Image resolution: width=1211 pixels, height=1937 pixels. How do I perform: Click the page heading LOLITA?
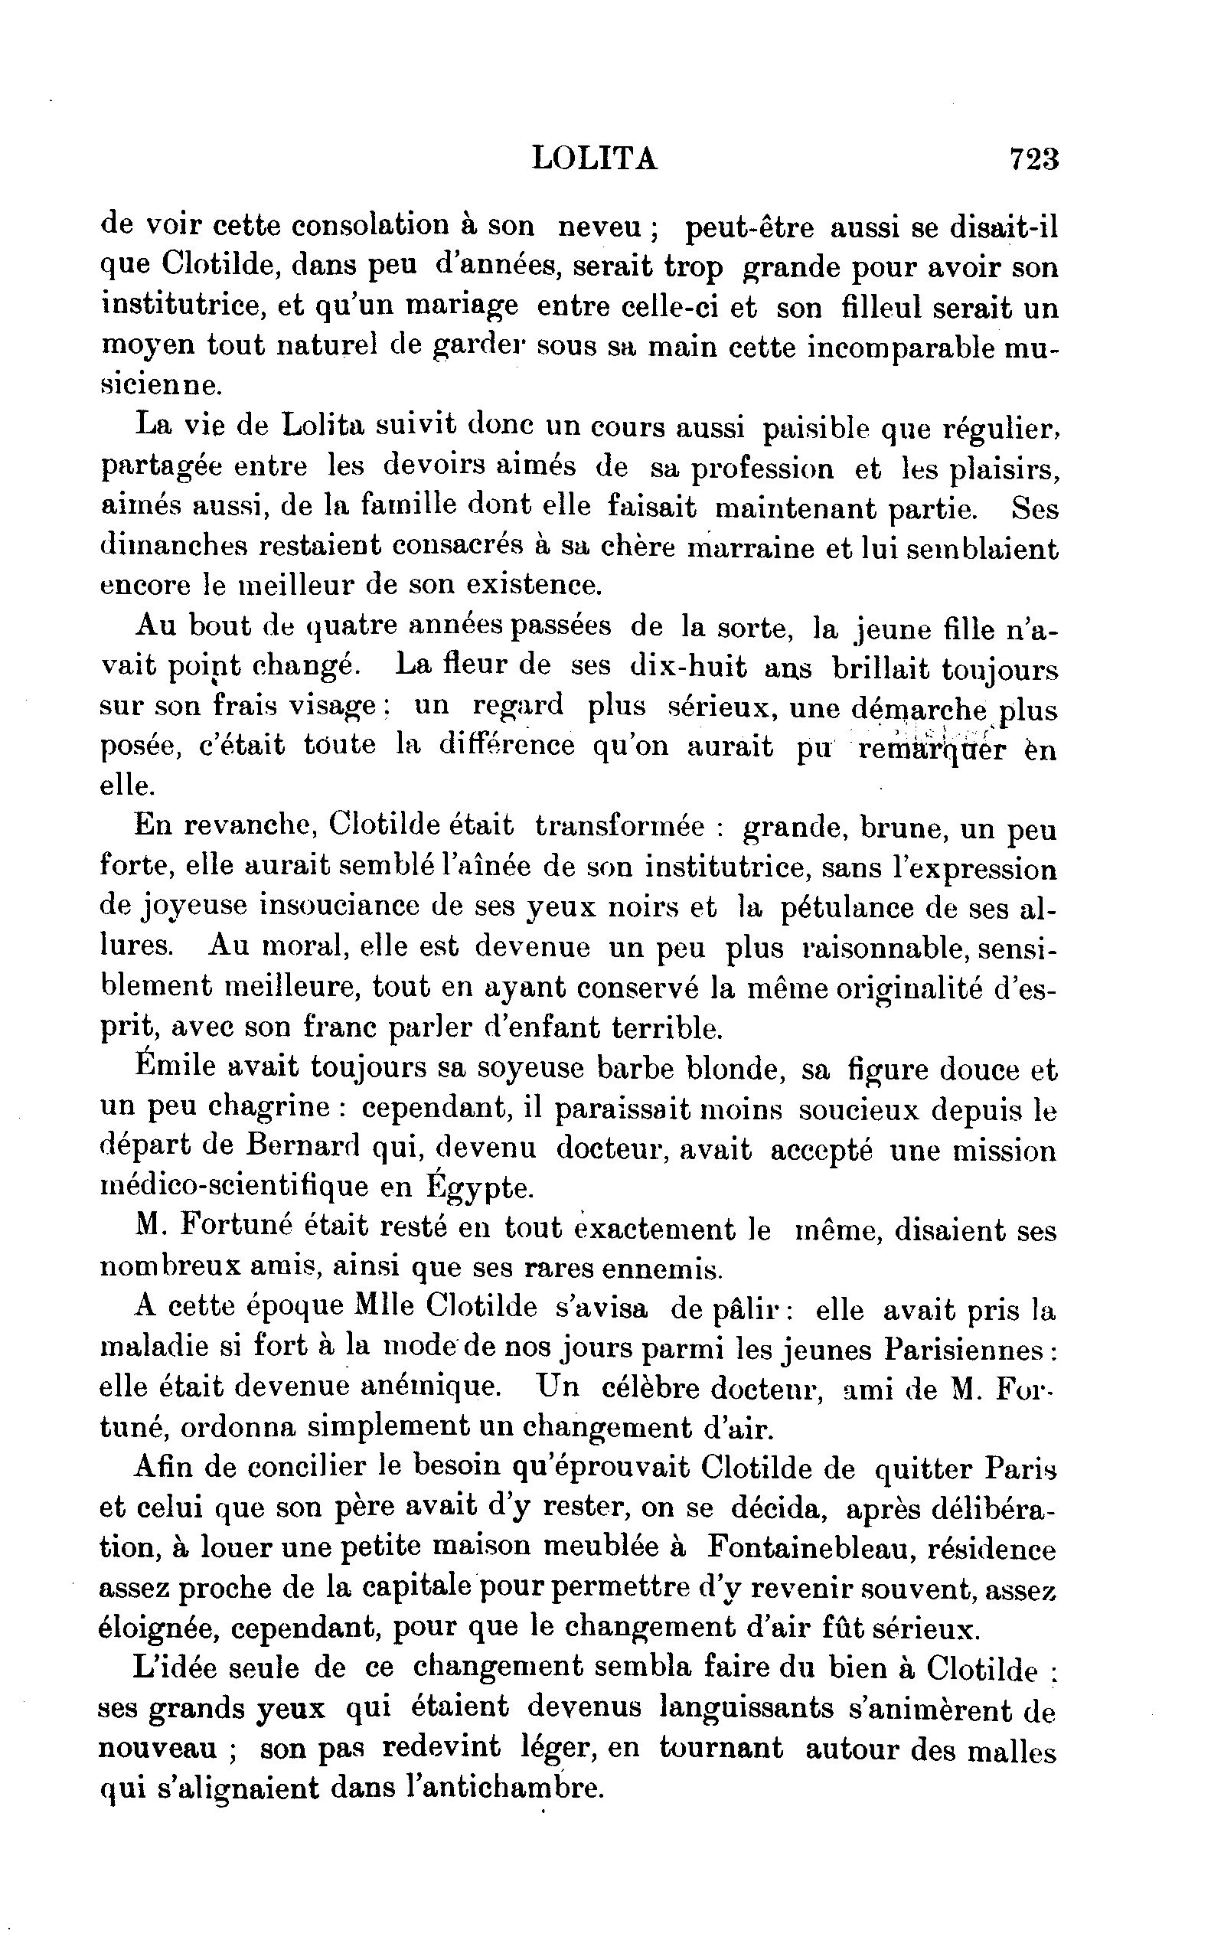pyautogui.click(x=593, y=159)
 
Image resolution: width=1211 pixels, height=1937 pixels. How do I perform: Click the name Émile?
pyautogui.click(x=174, y=1068)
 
